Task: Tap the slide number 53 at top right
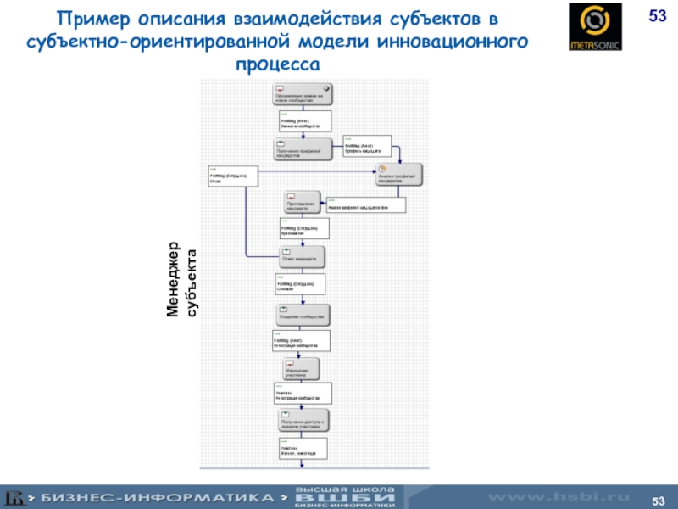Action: tap(658, 16)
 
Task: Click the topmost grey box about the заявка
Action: tap(302, 93)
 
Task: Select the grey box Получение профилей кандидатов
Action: tap(302, 150)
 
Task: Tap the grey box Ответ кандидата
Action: tap(302, 256)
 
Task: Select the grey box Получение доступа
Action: tap(302, 421)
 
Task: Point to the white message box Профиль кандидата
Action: tap(367, 147)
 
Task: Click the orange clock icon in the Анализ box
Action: tap(382, 168)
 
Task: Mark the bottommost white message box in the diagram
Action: tap(298, 449)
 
